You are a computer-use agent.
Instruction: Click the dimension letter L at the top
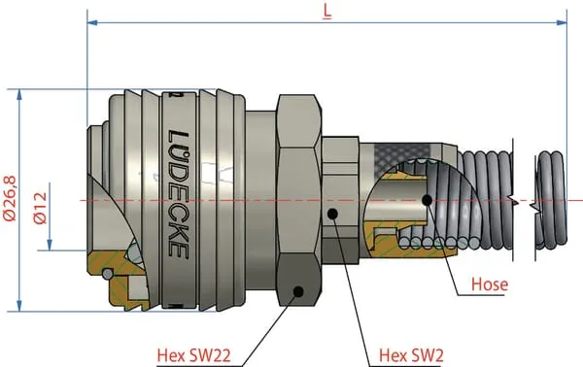point(327,11)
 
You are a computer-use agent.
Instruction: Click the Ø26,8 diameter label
point(10,199)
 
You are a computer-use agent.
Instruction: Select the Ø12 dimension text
point(41,208)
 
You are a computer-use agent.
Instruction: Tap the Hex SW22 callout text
point(193,355)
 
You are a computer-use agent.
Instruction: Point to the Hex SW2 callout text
point(411,355)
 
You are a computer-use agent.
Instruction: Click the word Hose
point(490,284)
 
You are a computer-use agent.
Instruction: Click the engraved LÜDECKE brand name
point(179,194)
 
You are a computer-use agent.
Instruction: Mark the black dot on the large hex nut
point(298,291)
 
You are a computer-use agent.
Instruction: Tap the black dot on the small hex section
point(332,214)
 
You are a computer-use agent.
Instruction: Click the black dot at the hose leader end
point(428,200)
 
